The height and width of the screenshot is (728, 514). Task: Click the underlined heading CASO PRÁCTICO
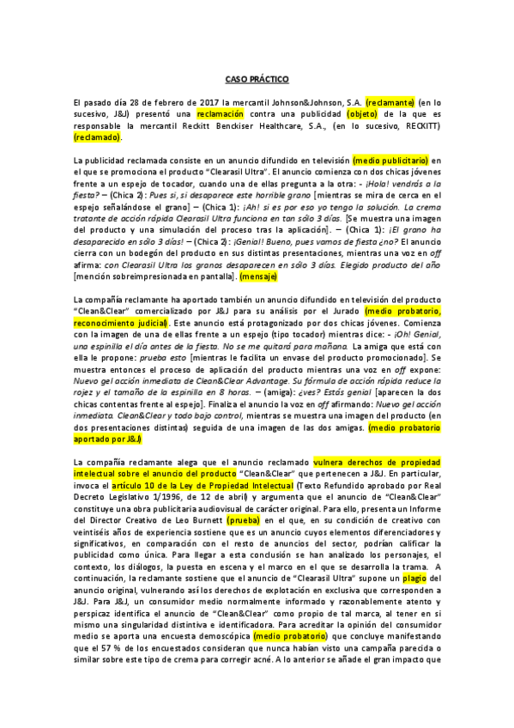pos(257,79)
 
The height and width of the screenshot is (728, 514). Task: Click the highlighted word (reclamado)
pos(98,136)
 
